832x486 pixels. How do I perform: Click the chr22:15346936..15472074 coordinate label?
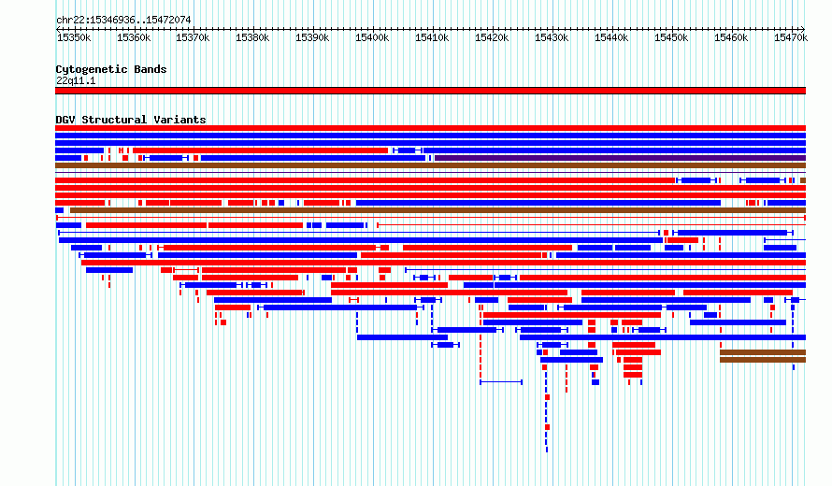pos(123,21)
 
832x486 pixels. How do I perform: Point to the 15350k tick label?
pos(74,37)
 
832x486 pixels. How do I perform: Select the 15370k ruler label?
pos(193,37)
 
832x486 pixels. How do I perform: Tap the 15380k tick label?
pos(252,37)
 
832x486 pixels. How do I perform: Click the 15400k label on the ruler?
pos(372,37)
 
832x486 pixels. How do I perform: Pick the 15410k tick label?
pos(432,37)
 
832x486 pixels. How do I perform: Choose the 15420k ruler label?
pos(492,37)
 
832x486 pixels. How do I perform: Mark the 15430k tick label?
pos(552,37)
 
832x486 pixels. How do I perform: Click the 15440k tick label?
pos(611,37)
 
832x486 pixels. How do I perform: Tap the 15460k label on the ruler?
pos(731,37)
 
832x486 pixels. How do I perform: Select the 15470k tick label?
pos(791,37)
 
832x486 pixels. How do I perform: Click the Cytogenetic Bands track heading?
pos(111,69)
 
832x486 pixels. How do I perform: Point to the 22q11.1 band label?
pos(76,80)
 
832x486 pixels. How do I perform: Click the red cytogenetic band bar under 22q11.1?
pos(430,91)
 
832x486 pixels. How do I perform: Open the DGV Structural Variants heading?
pos(131,120)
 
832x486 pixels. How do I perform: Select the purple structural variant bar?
pos(621,158)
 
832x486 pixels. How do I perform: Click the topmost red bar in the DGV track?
pos(430,128)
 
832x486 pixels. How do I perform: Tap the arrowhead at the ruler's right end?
pos(803,29)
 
